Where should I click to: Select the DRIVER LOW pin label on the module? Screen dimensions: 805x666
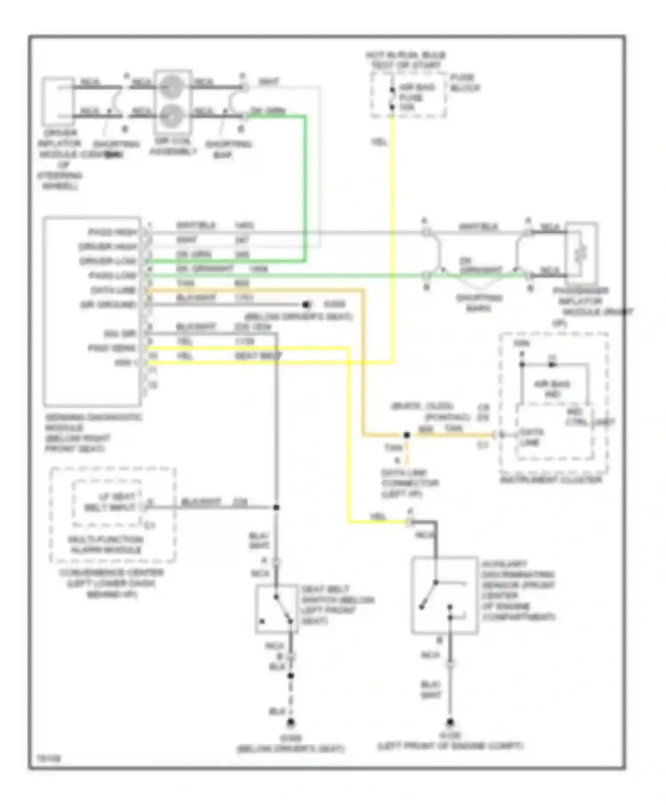[107, 261]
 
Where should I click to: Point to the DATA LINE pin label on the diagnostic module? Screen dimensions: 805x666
[113, 290]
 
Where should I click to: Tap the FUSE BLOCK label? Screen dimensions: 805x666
[464, 83]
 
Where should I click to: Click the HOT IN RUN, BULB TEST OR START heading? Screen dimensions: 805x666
[405, 60]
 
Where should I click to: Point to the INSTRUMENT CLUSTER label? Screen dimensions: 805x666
[551, 480]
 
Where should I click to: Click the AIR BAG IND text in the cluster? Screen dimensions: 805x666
[551, 389]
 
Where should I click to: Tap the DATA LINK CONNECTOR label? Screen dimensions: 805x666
[409, 483]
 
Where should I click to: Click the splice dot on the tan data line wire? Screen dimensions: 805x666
[406, 435]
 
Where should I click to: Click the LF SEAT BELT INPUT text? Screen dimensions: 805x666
[110, 502]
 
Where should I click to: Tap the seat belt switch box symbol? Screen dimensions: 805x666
[276, 608]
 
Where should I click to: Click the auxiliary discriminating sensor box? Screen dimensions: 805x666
[444, 595]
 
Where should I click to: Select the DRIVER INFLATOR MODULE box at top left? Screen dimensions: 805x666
[58, 101]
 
